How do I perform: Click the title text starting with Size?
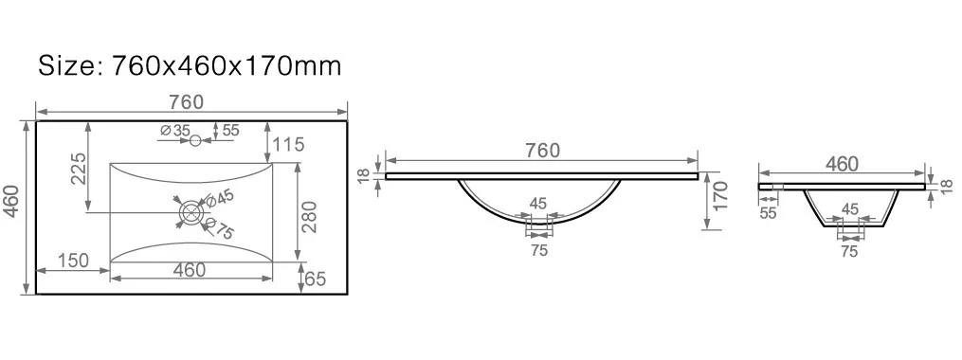pyautogui.click(x=189, y=65)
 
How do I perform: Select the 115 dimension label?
pyautogui.click(x=290, y=145)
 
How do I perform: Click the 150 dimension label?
pyautogui.click(x=74, y=260)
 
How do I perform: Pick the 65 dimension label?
pyautogui.click(x=314, y=279)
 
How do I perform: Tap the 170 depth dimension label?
pyautogui.click(x=721, y=195)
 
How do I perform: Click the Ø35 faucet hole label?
pyautogui.click(x=174, y=131)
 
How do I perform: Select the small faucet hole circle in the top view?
pyautogui.click(x=195, y=141)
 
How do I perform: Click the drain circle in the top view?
pyautogui.click(x=191, y=212)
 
